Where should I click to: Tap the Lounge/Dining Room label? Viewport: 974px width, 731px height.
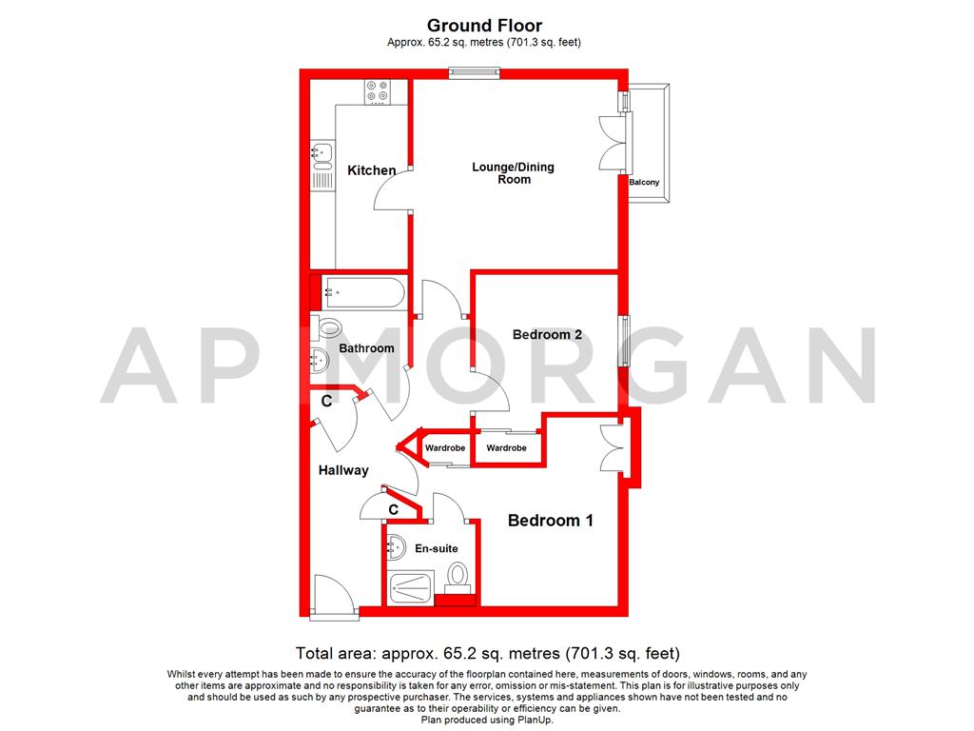513,173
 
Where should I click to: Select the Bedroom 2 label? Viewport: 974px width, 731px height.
547,334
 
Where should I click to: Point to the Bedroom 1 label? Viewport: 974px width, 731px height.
551,521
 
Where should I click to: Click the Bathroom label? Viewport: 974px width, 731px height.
367,348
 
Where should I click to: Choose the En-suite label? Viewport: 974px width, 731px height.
437,548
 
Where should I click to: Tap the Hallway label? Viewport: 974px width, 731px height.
343,470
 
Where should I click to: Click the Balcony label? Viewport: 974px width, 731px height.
644,182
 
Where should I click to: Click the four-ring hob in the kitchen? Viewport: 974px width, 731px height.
377,91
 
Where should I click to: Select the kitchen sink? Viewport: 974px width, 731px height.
321,151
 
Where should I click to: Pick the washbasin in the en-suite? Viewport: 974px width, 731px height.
394,548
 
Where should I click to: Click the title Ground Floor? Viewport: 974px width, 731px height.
485,26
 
